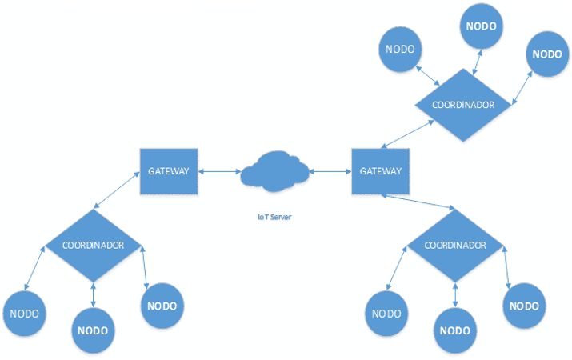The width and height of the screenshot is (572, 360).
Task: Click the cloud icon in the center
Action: coord(274,171)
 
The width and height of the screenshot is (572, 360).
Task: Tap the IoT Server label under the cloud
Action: coord(274,217)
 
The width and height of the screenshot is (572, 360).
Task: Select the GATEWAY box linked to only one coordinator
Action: coord(169,171)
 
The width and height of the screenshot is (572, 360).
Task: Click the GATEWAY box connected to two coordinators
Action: coord(381,171)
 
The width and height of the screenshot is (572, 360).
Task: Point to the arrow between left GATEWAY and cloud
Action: coord(219,171)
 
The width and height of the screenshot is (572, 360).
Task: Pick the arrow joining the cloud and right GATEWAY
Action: coord(330,171)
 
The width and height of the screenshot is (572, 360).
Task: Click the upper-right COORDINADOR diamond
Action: coord(463,105)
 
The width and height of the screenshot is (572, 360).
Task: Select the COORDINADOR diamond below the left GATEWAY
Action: coord(93,245)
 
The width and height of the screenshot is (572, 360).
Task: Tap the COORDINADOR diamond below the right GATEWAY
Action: coord(455,245)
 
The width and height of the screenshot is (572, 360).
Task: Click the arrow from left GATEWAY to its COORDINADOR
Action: coord(117,190)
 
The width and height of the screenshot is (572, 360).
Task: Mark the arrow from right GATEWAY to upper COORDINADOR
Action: coord(407,134)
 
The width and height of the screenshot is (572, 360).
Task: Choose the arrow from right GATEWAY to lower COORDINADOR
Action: coord(418,202)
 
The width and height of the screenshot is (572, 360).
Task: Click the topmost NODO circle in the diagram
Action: coord(481,26)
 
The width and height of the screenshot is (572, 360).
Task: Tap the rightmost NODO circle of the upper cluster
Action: coord(547,54)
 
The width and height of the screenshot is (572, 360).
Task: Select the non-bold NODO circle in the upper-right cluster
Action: coord(400,50)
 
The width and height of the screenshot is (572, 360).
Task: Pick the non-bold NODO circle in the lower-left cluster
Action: coord(25,314)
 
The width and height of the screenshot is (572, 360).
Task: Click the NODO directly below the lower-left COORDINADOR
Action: coord(93,330)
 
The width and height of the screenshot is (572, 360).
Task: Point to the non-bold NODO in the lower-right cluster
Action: coord(386,314)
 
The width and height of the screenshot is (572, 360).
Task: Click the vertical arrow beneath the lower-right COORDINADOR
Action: coord(455,295)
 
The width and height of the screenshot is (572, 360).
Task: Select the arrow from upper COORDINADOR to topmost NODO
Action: coord(477,62)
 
